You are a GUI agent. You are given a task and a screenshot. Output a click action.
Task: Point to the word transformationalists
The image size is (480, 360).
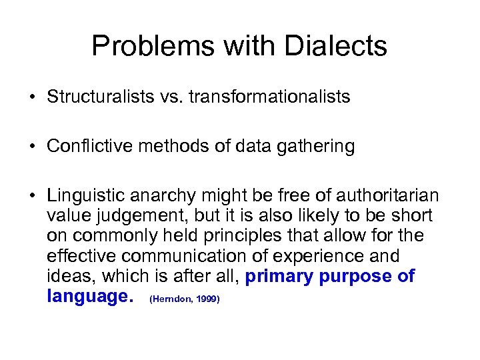(x=269, y=97)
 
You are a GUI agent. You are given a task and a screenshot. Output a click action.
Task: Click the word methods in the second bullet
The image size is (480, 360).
(x=165, y=147)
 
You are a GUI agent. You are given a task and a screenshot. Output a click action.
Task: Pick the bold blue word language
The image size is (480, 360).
(x=87, y=297)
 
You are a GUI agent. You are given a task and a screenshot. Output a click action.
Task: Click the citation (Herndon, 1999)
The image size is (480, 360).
(x=185, y=299)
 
